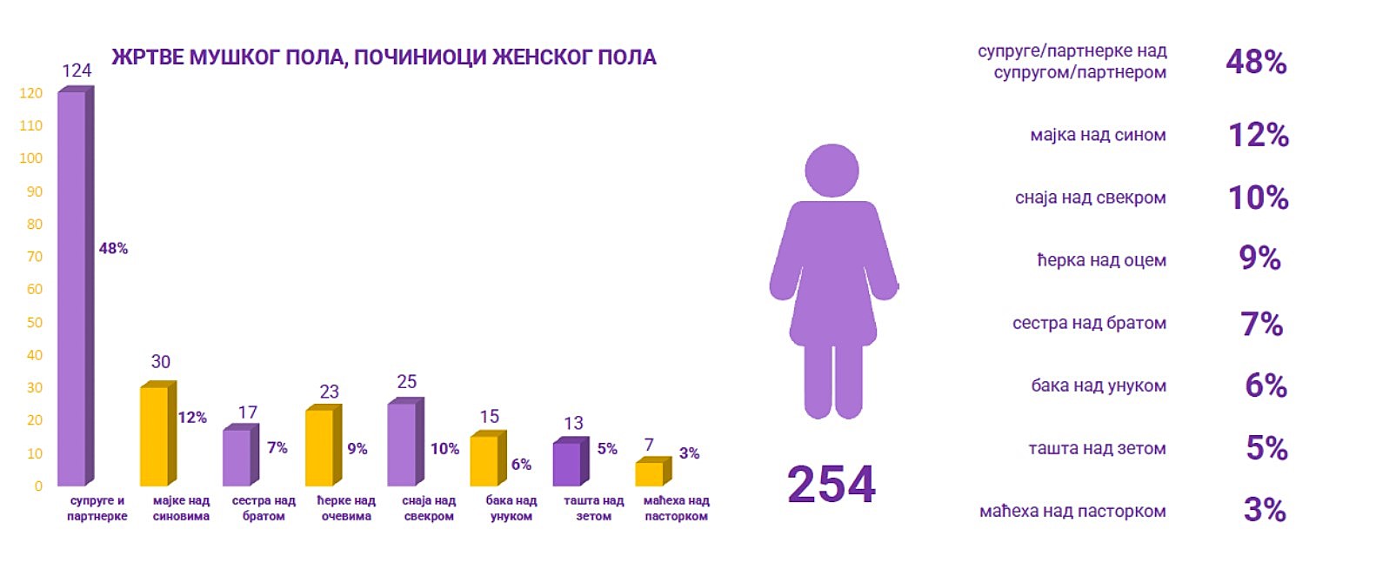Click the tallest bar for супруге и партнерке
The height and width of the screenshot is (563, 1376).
pyautogui.click(x=72, y=287)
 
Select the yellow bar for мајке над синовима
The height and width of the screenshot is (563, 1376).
pyautogui.click(x=155, y=435)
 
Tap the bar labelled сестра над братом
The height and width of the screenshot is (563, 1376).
pyautogui.click(x=237, y=457)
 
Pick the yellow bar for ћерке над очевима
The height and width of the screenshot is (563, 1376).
pyautogui.click(x=320, y=447)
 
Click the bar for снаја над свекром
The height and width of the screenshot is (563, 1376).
pyautogui.click(x=402, y=444)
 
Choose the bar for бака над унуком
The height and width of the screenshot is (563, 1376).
pyautogui.click(x=484, y=460)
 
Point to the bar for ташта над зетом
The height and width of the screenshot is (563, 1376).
pyautogui.click(x=567, y=464)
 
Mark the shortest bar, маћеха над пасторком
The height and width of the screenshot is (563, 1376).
pyautogui.click(x=650, y=473)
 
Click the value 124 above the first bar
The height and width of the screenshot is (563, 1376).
pyautogui.click(x=77, y=70)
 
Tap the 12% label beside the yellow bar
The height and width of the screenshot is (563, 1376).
pyautogui.click(x=192, y=418)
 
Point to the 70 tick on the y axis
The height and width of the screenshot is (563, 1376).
pyautogui.click(x=34, y=257)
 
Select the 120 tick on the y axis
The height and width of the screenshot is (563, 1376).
pyautogui.click(x=30, y=93)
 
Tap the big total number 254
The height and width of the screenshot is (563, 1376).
pyautogui.click(x=831, y=485)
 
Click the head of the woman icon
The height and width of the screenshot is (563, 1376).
pyautogui.click(x=832, y=171)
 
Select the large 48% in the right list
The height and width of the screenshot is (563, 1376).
pyautogui.click(x=1256, y=62)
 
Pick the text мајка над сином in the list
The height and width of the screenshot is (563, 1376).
pyautogui.click(x=1098, y=135)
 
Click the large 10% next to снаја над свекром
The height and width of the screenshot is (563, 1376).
pyautogui.click(x=1258, y=198)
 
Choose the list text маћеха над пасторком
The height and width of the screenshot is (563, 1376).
pyautogui.click(x=1072, y=512)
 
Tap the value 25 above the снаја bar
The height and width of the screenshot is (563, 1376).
pyautogui.click(x=406, y=382)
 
